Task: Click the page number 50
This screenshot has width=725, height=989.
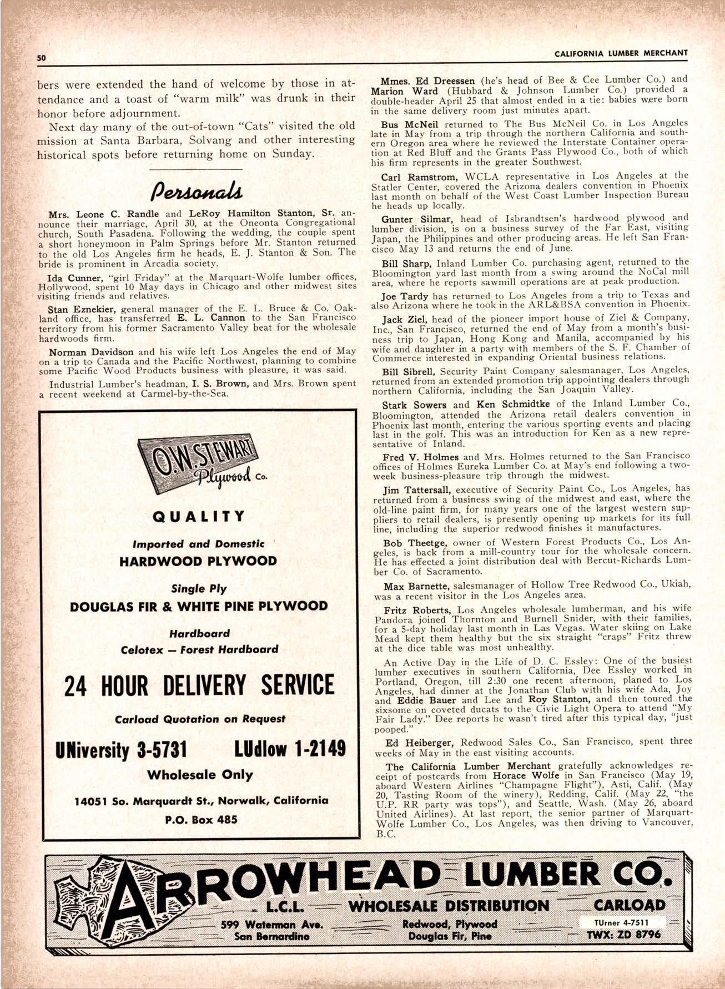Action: click(x=41, y=57)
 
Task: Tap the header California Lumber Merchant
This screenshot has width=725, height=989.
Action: click(x=621, y=53)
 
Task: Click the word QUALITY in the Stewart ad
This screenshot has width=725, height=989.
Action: click(x=198, y=516)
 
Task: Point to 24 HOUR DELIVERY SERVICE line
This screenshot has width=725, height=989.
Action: click(x=199, y=685)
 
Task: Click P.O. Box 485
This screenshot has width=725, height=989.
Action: click(x=199, y=819)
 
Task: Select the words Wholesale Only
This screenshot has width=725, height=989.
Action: click(x=199, y=775)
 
